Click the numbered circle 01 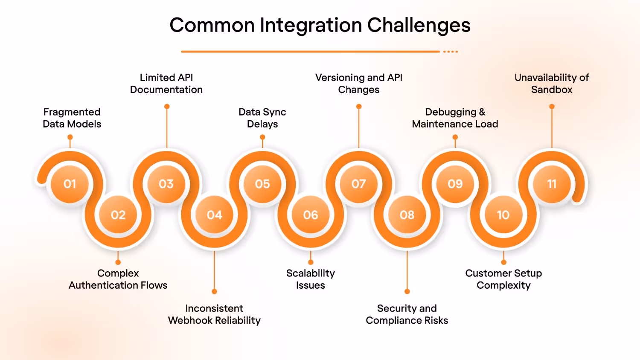click(70, 184)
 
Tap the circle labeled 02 click(118, 215)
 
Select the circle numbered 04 click(214, 215)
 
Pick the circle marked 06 click(311, 215)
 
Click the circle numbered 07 click(358, 184)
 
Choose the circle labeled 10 click(503, 215)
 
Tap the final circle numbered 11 click(552, 184)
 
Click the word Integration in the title click(311, 26)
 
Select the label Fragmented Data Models click(72, 118)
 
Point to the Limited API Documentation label click(166, 84)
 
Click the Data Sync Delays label click(262, 118)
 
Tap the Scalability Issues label click(311, 279)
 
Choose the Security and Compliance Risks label click(407, 314)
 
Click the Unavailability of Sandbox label click(552, 84)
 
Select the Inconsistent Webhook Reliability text click(214, 314)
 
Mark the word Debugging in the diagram click(451, 112)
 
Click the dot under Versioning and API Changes click(359, 107)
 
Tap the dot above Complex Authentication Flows click(118, 262)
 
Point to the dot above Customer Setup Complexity click(503, 262)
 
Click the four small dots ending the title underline click(451, 52)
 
